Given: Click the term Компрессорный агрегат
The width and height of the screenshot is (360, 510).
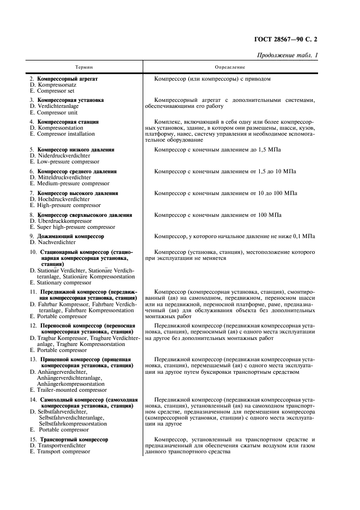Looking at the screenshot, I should click(68, 78).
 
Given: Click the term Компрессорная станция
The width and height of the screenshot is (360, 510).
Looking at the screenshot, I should click(68, 122).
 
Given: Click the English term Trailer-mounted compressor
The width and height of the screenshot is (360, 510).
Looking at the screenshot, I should click(71, 390).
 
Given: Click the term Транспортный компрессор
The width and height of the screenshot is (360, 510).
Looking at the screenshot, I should click(72, 439).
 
